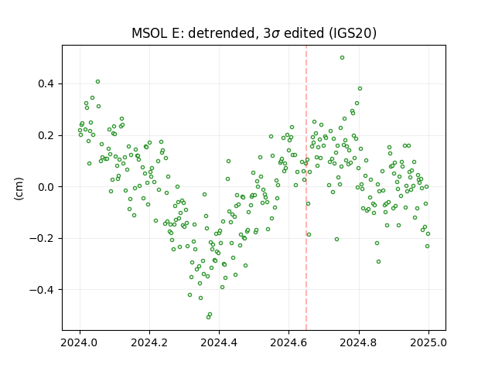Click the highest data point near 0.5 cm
(342, 58)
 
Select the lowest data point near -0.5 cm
(208, 317)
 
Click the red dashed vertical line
(306, 188)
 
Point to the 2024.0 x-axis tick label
(80, 342)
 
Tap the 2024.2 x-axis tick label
(149, 342)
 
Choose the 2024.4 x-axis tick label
(219, 342)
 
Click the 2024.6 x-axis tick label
(288, 342)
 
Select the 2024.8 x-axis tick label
(359, 342)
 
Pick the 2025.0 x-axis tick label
(428, 342)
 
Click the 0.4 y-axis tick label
(46, 84)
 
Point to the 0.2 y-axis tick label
(46, 136)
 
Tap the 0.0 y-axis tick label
(46, 187)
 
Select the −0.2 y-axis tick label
(42, 239)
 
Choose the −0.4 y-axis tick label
(42, 290)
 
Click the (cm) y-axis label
(19, 189)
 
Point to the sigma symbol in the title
(275, 34)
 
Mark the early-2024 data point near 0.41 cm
(98, 82)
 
